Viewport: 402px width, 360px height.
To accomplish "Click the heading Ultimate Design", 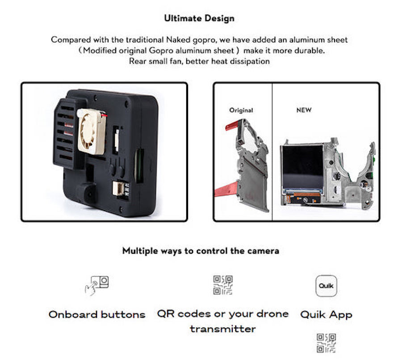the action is [199, 18].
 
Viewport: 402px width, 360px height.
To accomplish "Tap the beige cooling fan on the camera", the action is [92, 131].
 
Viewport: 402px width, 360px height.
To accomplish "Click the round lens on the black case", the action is [86, 193].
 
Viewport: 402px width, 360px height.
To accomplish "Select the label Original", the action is [241, 110].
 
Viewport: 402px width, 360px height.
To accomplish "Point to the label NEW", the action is [304, 110].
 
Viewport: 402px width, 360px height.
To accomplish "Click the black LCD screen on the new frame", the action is [302, 168].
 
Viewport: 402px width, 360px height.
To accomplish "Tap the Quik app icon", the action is [326, 286].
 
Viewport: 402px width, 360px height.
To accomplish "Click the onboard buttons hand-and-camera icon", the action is [96, 285].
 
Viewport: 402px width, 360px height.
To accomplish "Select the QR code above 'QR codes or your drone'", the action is [223, 285].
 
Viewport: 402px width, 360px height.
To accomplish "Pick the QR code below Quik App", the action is [326, 343].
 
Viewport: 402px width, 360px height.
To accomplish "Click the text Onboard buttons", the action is [97, 314].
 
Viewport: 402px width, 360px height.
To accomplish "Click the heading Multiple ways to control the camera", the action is [201, 251].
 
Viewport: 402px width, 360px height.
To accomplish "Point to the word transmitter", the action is [223, 329].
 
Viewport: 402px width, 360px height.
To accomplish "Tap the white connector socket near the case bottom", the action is [118, 188].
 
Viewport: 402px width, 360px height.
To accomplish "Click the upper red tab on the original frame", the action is [232, 126].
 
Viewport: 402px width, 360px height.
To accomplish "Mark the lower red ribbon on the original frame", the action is [226, 190].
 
